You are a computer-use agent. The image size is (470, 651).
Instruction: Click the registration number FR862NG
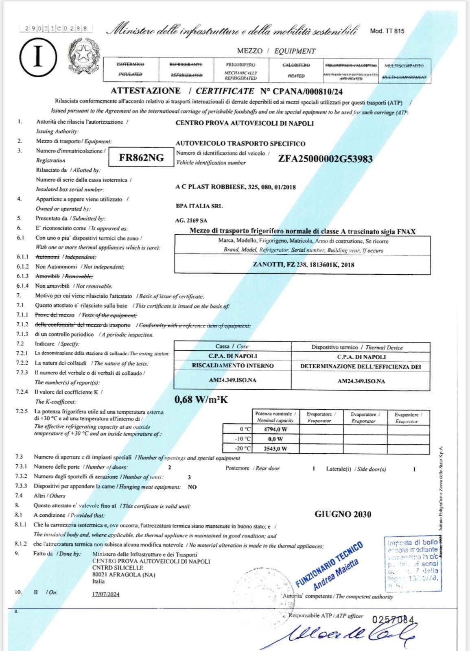coord(141,158)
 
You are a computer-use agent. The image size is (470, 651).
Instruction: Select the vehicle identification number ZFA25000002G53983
coord(325,159)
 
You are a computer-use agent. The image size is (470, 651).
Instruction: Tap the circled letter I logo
coord(38,58)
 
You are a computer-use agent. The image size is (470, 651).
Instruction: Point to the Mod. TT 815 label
coord(387,31)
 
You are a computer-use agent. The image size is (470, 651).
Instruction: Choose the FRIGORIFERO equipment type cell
coord(241,70)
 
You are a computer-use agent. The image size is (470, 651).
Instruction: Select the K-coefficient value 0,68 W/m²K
coord(201,400)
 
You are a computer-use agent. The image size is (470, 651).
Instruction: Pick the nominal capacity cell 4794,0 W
coord(275,429)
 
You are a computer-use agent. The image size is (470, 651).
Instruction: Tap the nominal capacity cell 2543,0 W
coord(275,449)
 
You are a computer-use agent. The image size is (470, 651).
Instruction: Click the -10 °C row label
coord(244,439)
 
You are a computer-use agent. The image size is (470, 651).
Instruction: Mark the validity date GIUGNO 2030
coord(343,514)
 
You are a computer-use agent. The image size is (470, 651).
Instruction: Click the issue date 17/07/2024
coord(106,594)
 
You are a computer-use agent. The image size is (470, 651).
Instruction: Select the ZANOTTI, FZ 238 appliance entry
coord(303,265)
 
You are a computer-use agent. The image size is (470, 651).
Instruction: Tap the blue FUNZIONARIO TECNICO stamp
coord(330,566)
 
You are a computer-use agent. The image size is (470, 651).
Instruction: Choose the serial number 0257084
coord(393,619)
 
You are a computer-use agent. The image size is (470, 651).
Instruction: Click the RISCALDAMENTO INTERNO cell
coord(232,366)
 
